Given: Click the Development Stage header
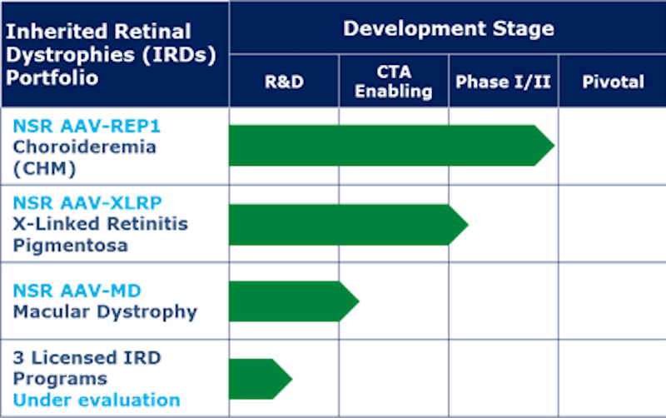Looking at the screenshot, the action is tap(449, 29).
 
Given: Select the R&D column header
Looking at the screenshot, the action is tap(284, 82).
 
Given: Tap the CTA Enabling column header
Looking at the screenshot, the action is tap(394, 81).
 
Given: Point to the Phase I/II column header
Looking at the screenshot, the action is tap(503, 82).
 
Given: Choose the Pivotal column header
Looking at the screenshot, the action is tap(613, 82).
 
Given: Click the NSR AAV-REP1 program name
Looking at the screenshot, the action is tap(87, 127).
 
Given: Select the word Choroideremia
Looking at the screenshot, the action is tap(85, 147).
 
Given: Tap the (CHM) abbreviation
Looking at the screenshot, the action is tap(45, 168).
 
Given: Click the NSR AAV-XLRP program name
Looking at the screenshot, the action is tap(87, 203).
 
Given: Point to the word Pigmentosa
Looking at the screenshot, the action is tap(71, 246).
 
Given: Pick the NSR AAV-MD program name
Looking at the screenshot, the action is tap(77, 291).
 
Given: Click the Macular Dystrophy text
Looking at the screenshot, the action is tap(106, 312).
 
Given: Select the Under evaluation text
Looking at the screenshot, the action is tap(97, 401).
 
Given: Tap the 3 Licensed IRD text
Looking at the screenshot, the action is tap(87, 358).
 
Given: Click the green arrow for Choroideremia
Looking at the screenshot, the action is tap(391, 145).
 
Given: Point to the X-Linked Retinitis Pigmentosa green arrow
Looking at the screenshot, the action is tap(349, 225).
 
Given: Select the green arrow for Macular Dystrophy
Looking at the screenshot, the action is tap(294, 301).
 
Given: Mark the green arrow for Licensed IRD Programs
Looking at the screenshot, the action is tap(261, 379).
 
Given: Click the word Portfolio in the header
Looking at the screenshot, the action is tap(52, 78).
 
